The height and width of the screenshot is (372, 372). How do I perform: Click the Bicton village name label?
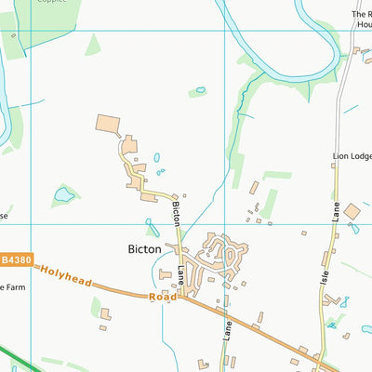pos(144,249)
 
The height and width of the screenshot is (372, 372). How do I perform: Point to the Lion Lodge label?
pos(352,157)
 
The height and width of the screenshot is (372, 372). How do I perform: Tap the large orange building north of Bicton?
pos(109,125)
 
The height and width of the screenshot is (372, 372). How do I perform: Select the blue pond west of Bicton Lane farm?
pos(64,195)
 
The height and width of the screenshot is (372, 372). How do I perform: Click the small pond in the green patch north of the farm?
pos(200,90)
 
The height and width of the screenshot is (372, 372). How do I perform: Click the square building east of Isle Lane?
pos(352,212)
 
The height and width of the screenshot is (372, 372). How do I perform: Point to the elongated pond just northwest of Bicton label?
pos(152,226)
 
